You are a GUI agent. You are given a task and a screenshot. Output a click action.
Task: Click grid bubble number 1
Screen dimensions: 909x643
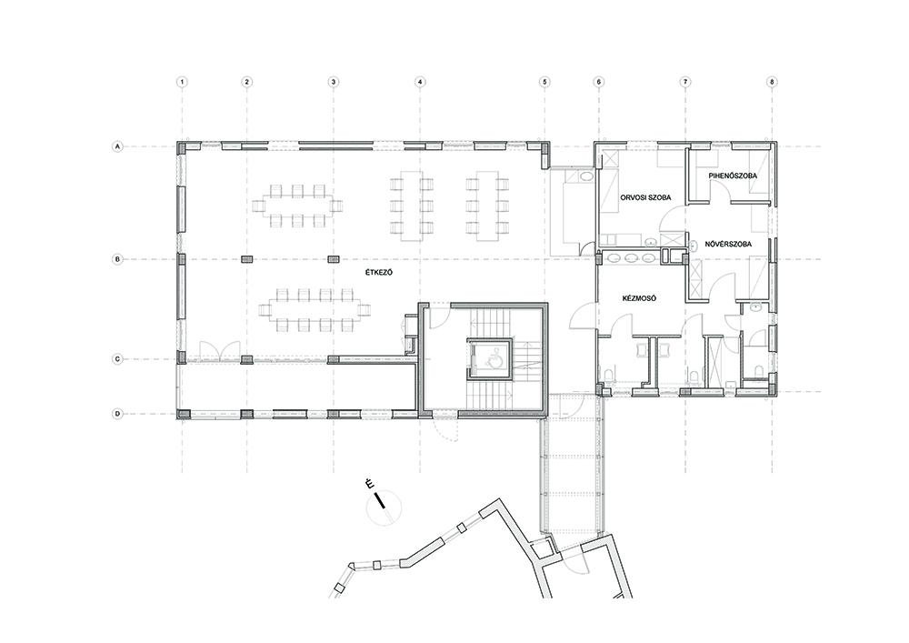click(x=182, y=83)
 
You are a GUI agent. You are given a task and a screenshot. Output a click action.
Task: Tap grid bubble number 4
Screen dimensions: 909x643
click(x=420, y=83)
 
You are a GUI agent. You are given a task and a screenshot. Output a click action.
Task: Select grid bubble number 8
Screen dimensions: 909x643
click(x=772, y=83)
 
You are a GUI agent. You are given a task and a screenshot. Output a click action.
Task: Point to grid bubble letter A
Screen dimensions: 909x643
click(x=117, y=147)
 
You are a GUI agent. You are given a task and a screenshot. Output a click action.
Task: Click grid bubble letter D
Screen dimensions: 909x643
click(x=117, y=414)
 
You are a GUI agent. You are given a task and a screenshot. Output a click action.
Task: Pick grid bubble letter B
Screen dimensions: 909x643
click(x=117, y=260)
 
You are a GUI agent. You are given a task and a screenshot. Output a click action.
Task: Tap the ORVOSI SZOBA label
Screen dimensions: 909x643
click(x=645, y=197)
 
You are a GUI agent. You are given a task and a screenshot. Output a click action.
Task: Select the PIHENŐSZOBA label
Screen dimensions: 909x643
click(x=732, y=176)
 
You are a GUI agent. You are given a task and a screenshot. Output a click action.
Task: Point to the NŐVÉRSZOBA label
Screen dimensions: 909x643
click(x=728, y=244)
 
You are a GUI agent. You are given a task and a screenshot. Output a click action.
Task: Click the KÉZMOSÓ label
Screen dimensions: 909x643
click(x=639, y=298)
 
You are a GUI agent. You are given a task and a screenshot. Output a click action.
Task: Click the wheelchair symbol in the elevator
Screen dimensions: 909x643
click(x=493, y=361)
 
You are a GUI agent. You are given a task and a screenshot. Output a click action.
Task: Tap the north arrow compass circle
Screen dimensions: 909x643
click(x=384, y=508)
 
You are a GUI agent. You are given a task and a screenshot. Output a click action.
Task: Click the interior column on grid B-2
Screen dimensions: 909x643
click(x=247, y=259)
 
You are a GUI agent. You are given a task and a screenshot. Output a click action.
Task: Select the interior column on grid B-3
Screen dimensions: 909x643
click(x=334, y=259)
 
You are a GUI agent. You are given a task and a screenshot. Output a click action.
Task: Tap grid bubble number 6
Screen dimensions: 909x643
click(x=599, y=83)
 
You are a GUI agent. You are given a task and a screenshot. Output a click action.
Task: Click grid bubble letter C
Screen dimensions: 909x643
click(x=117, y=359)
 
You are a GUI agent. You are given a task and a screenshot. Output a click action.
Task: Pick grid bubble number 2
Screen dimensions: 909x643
click(x=247, y=83)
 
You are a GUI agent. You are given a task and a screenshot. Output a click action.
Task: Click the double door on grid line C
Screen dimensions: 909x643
click(x=219, y=351)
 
